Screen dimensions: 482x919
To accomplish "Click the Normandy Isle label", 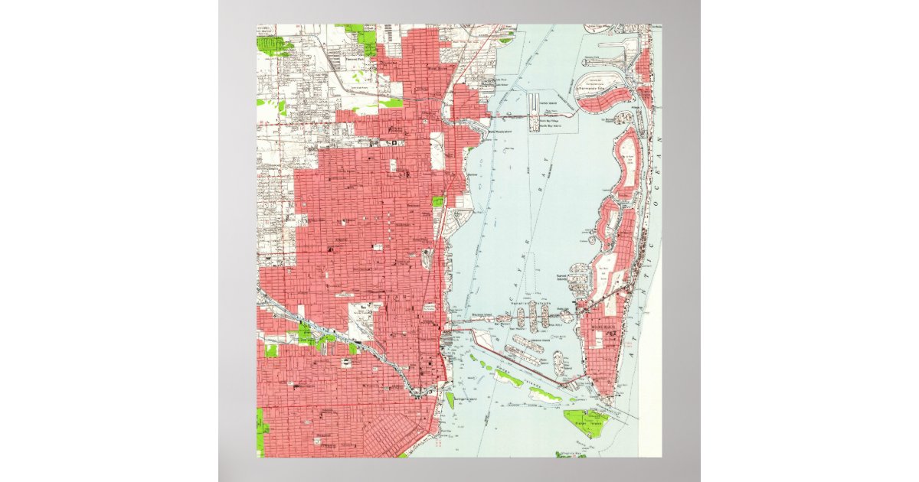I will pyautogui.click(x=600, y=90).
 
